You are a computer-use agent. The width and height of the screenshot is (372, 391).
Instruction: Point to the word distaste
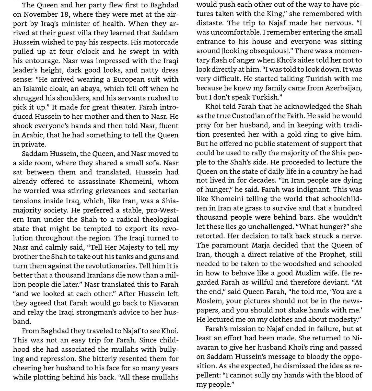[209, 23]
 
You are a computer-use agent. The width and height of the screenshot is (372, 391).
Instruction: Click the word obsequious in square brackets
[268, 51]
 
